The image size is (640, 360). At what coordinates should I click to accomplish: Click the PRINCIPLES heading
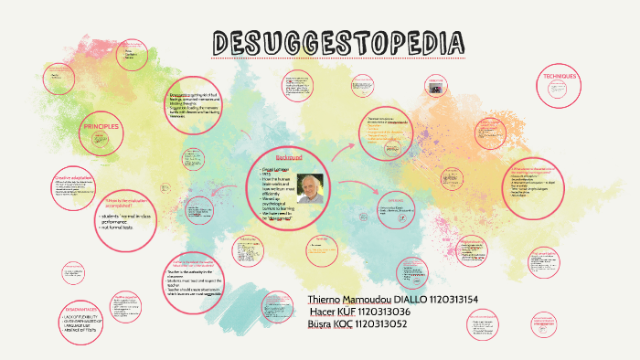(101, 125)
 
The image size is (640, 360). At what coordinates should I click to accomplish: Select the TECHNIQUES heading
(560, 76)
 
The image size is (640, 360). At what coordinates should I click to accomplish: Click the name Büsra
(322, 323)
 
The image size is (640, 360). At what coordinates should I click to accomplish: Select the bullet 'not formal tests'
(120, 225)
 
